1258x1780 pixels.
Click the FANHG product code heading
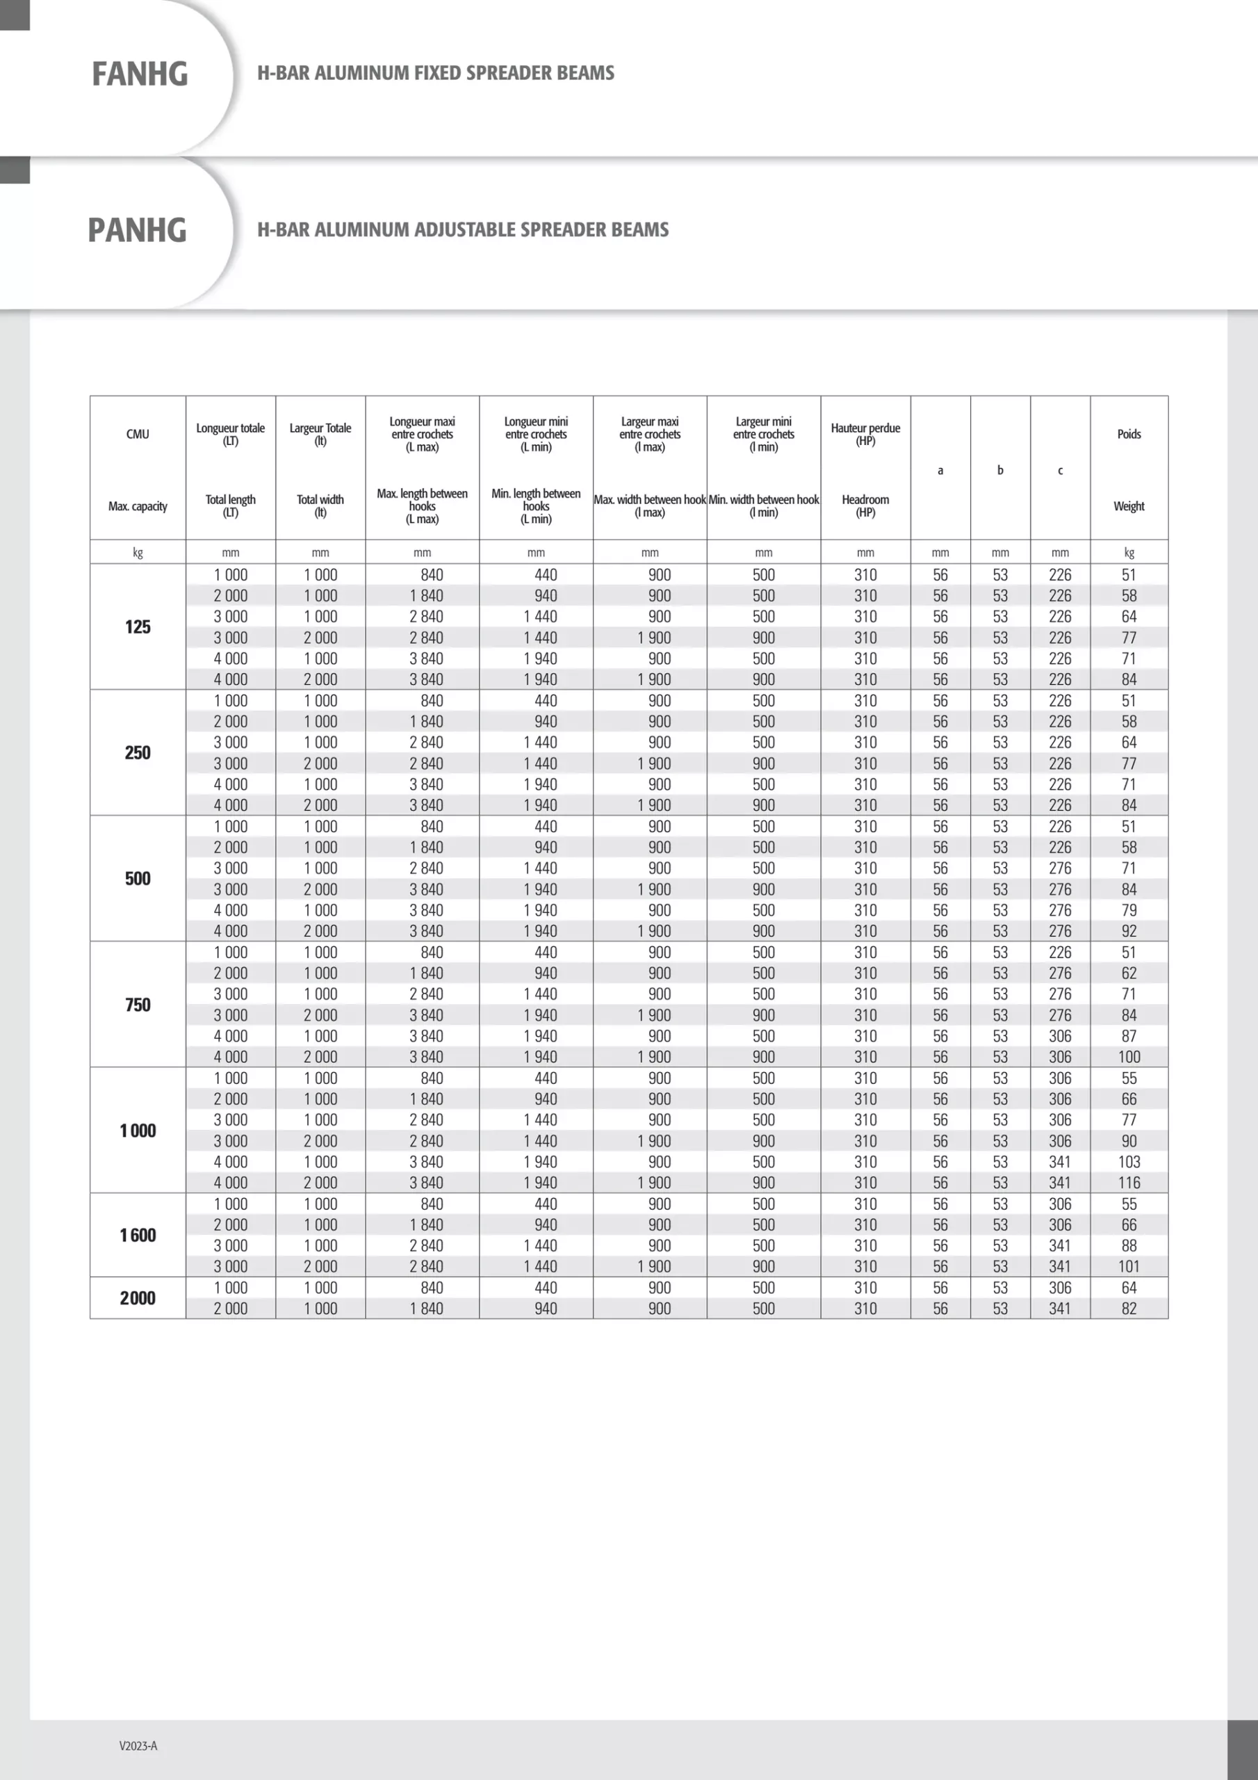click(140, 74)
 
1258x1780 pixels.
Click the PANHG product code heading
click(137, 230)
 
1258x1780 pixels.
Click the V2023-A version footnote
click(138, 1746)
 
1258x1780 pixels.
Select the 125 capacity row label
click(138, 627)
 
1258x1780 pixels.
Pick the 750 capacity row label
click(138, 1005)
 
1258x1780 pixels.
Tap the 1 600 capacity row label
click(138, 1235)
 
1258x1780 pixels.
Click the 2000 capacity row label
click(138, 1297)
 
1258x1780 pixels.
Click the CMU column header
click(138, 434)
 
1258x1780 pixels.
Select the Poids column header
click(1129, 434)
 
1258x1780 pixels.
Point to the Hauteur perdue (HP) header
click(865, 434)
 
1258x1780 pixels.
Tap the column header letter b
click(1000, 470)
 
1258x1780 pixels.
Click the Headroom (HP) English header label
click(865, 505)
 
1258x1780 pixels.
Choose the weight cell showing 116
click(1129, 1182)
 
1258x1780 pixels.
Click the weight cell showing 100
click(1129, 1057)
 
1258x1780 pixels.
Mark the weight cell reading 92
click(1129, 931)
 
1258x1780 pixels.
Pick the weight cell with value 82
click(1129, 1309)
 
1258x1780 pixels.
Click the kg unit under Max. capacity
click(138, 553)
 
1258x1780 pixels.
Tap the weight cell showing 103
click(1129, 1161)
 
